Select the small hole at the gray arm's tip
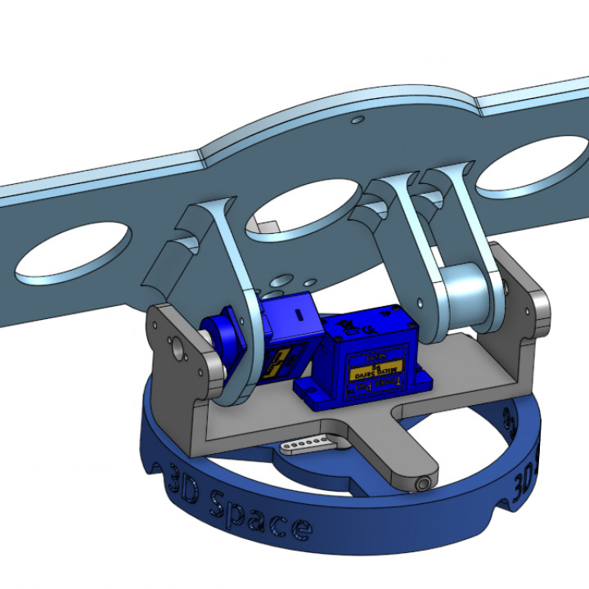[x=423, y=483]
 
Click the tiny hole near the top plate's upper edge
[x=357, y=120]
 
